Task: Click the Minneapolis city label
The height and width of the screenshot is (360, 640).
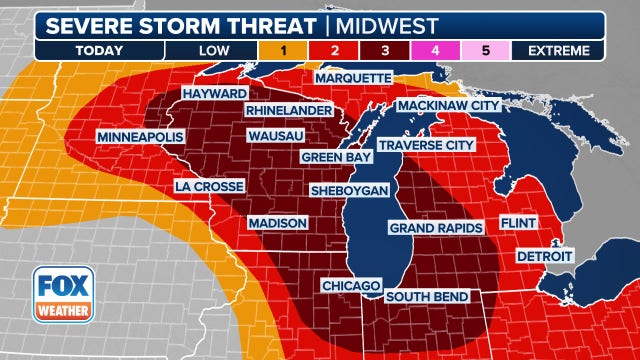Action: coord(139,135)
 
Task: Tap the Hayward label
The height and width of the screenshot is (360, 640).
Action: coord(214,93)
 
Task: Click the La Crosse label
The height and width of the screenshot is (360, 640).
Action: coord(209,186)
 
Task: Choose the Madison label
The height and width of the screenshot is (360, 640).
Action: coord(277,222)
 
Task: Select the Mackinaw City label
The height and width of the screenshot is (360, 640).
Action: coord(447,105)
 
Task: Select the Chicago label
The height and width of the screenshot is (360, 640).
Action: coord(351,286)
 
